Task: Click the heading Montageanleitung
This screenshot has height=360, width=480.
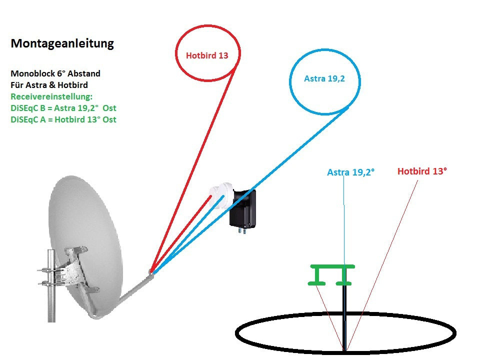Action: [62, 44]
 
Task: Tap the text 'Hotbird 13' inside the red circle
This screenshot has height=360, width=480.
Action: [207, 55]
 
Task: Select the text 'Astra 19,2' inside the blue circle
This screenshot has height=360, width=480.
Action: [324, 78]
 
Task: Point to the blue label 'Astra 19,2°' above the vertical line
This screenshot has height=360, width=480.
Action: [351, 172]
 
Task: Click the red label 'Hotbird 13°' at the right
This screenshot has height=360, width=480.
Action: [422, 171]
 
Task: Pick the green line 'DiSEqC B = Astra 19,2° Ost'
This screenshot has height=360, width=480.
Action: [63, 108]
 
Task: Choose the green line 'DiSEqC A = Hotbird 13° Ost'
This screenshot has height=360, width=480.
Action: [63, 119]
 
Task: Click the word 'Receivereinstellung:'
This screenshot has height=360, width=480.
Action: [51, 96]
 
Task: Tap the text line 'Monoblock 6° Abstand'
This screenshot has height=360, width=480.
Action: [55, 73]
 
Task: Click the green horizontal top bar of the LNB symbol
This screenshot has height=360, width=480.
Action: [332, 266]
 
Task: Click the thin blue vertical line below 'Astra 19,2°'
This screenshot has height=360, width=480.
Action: [344, 220]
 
